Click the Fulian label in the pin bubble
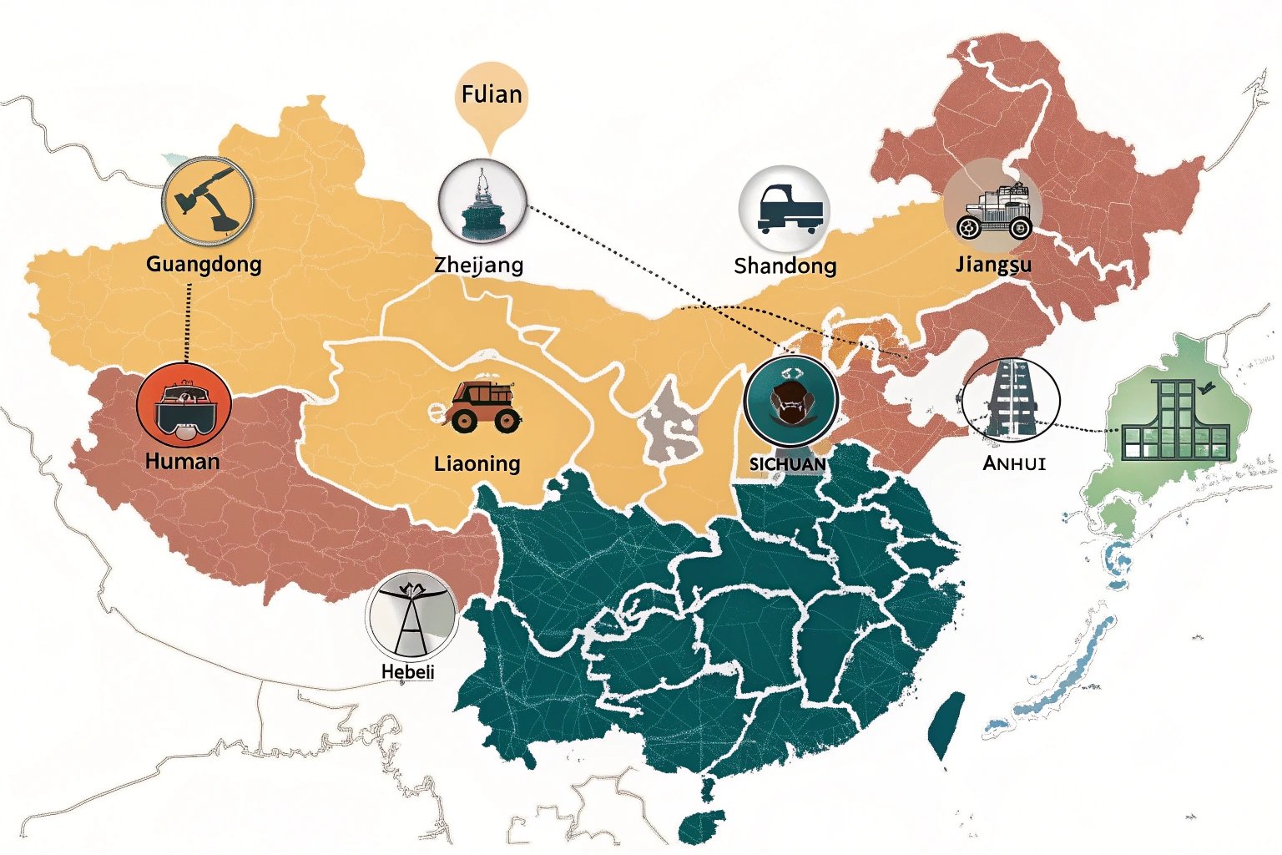pyautogui.click(x=492, y=94)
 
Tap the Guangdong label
pyautogui.click(x=204, y=264)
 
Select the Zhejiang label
pyautogui.click(x=479, y=265)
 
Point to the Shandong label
pyautogui.click(x=785, y=266)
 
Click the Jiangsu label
pyautogui.click(x=993, y=264)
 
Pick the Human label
pyautogui.click(x=182, y=461)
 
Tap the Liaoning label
pyautogui.click(x=477, y=463)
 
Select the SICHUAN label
pyautogui.click(x=788, y=464)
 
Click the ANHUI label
pyautogui.click(x=1014, y=463)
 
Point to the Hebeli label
pyautogui.click(x=407, y=671)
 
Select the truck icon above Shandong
pyautogui.click(x=784, y=209)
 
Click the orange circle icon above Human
pyautogui.click(x=184, y=407)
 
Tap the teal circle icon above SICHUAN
pyautogui.click(x=790, y=399)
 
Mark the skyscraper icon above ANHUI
pyautogui.click(x=1011, y=400)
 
